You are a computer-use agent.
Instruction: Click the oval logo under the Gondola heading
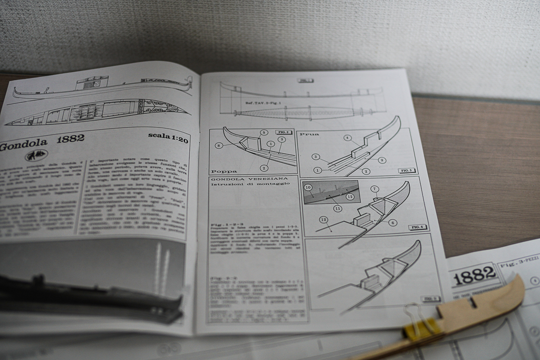[36, 155]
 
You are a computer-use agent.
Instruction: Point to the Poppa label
[224, 171]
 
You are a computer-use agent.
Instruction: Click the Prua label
[310, 134]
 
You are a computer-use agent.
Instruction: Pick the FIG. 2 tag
[284, 132]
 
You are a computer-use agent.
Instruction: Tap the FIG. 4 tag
[418, 227]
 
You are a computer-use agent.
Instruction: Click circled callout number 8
[218, 145]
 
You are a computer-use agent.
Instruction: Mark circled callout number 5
[264, 133]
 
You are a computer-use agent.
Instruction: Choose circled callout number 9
[381, 160]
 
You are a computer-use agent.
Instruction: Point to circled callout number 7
[375, 189]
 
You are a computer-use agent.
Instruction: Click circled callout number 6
[393, 222]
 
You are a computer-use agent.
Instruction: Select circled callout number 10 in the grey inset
[308, 187]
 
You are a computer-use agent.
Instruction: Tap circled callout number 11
[337, 208]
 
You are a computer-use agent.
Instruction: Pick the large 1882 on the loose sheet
[474, 273]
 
